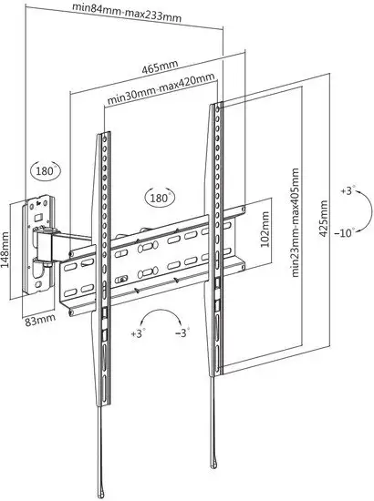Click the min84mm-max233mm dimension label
[127, 13]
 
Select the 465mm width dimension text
[160, 67]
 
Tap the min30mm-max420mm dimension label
[161, 89]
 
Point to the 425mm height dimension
[324, 219]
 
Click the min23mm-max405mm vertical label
[296, 222]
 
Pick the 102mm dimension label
[265, 229]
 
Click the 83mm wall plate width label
[40, 320]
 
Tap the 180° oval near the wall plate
[46, 171]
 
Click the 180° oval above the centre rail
[160, 197]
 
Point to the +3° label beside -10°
[348, 190]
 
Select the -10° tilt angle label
[345, 232]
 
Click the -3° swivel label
[182, 332]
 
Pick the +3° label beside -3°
[139, 333]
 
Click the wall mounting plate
[37, 245]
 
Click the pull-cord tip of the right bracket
[213, 463]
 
